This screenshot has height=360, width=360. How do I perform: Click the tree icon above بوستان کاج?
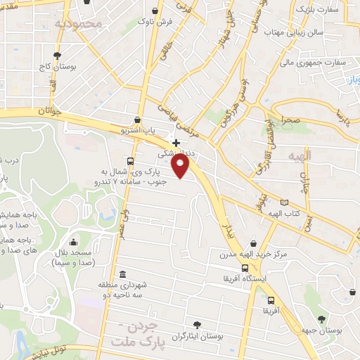coord(57,56)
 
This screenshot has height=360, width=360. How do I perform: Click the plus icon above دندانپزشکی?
coord(176,143)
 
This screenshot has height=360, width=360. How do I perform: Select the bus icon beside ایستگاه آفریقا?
coord(245,268)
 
